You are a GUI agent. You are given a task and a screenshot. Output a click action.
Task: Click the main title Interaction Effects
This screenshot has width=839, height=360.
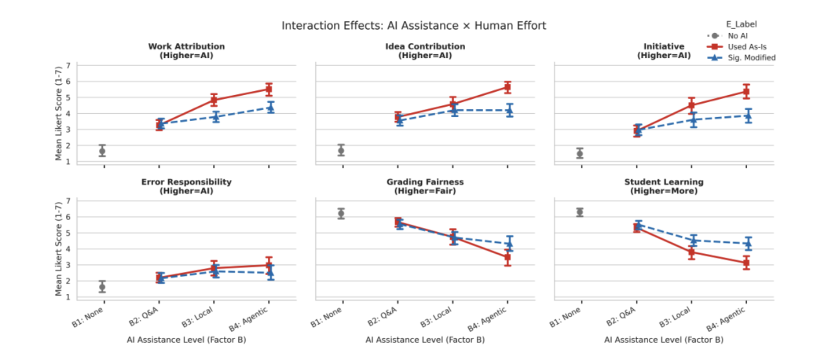point(414,26)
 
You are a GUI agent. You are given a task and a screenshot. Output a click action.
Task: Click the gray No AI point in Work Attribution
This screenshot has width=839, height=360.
point(103,150)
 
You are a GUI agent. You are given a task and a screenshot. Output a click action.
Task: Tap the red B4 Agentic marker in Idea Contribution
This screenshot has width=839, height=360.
point(508,86)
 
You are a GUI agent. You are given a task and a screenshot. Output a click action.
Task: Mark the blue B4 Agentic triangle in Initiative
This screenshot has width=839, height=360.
point(747,116)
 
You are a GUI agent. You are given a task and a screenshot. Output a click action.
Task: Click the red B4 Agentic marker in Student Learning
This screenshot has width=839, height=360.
point(747,263)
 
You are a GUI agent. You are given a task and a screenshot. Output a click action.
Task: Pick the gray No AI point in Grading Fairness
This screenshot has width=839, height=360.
point(342,213)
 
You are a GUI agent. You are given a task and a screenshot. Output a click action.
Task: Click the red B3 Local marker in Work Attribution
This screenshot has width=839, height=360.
point(214,100)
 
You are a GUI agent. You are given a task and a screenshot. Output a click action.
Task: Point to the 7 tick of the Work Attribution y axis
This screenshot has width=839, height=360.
point(68,65)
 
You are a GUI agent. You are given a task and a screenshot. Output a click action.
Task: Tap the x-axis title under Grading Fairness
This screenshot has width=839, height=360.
point(425,340)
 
